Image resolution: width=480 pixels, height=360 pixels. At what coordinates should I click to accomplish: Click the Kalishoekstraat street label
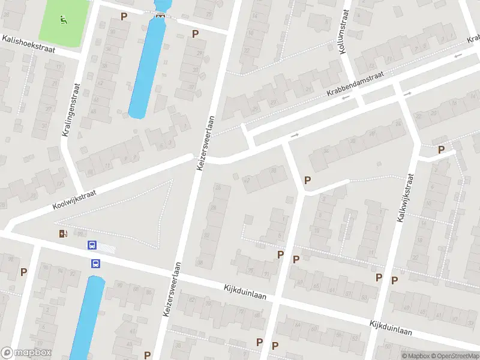(28, 44)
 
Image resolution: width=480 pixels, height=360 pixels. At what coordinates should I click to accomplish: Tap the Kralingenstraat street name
(70, 109)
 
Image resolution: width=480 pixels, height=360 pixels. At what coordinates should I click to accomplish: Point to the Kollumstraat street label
(343, 34)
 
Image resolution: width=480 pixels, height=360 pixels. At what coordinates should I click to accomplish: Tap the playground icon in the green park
(64, 20)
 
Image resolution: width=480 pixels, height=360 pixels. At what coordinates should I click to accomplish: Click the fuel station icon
(63, 233)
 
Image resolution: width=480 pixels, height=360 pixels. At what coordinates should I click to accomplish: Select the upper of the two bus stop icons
(92, 245)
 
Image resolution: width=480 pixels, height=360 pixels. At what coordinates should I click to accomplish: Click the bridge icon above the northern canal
(160, 16)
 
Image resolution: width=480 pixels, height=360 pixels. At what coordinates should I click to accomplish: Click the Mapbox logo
(26, 353)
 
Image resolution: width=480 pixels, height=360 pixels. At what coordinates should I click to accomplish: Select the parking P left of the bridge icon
(124, 16)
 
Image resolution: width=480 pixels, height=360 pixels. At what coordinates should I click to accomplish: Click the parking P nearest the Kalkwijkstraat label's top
(442, 149)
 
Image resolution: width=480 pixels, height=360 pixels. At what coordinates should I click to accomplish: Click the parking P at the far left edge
(23, 272)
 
